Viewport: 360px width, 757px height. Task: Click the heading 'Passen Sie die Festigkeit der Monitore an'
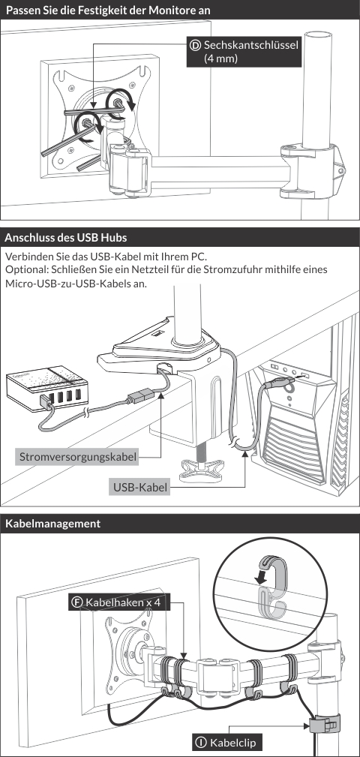[x=108, y=10]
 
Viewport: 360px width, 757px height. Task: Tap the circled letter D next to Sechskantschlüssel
[x=196, y=46]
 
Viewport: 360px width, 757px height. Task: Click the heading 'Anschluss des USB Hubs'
[x=66, y=238]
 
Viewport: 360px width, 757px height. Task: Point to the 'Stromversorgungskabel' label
[x=77, y=456]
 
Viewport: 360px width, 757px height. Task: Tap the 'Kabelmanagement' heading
[x=52, y=524]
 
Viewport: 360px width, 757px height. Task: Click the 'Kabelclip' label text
[x=232, y=742]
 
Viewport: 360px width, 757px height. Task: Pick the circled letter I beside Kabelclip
[x=200, y=742]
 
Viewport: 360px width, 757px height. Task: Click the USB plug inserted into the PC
[x=281, y=383]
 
